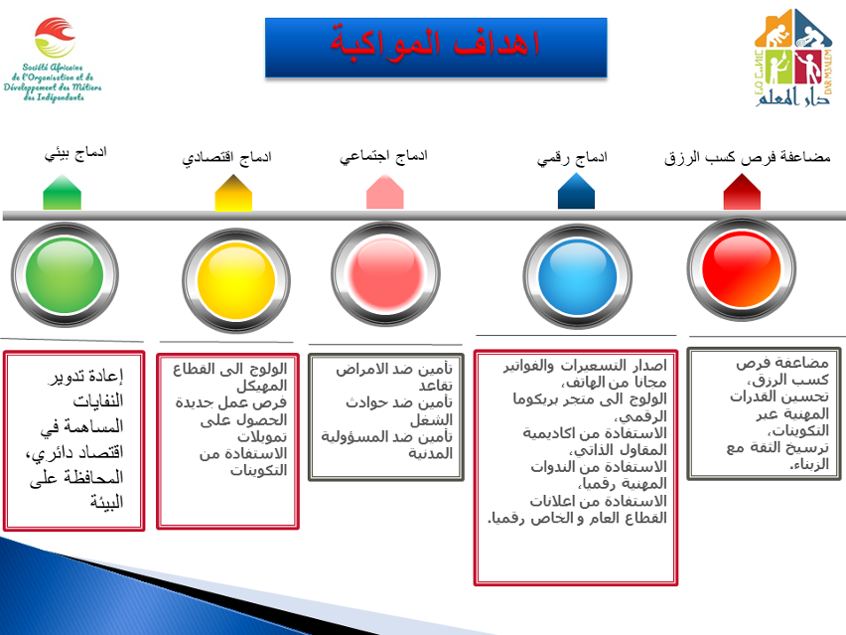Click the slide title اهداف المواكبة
[435, 44]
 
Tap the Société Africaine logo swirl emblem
[55, 37]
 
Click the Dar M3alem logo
[793, 58]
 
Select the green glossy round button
[65, 275]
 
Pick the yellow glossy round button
[236, 281]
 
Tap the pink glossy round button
[386, 275]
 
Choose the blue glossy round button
[577, 277]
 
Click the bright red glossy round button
[742, 269]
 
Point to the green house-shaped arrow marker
[62, 192]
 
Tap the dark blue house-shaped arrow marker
[576, 191]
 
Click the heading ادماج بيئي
[75, 153]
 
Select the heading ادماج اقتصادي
[226, 158]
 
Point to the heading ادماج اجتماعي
[383, 156]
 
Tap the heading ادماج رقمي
[572, 158]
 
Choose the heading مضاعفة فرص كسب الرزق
[748, 157]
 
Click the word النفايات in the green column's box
[98, 401]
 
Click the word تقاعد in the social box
[435, 386]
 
